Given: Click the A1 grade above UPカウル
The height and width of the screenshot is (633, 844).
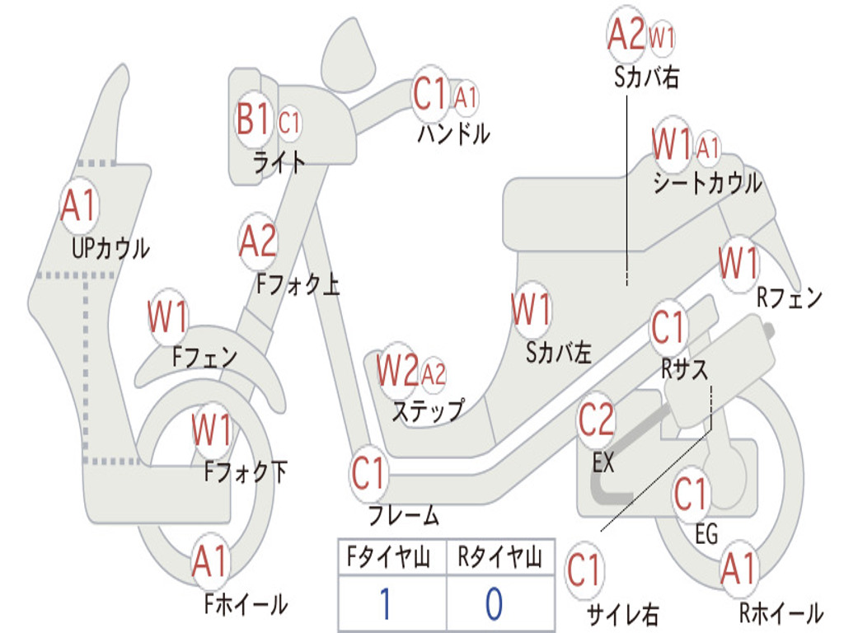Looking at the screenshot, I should point(79,206).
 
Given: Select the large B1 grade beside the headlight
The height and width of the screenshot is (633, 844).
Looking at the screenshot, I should point(253,121).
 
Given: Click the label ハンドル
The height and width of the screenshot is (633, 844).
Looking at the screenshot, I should point(453,133).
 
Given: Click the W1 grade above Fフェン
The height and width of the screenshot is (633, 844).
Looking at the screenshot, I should point(168,316).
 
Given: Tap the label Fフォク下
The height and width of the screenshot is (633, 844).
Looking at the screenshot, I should point(246,472).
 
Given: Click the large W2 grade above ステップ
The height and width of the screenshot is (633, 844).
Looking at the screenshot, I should point(397,372).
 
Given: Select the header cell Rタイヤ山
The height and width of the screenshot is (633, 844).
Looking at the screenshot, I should point(500,559).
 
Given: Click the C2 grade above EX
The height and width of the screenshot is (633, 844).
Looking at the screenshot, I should point(597,420).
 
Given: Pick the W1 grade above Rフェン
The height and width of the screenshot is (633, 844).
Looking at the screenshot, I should point(738,265).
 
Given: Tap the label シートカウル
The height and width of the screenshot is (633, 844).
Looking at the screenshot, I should point(707,184).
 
